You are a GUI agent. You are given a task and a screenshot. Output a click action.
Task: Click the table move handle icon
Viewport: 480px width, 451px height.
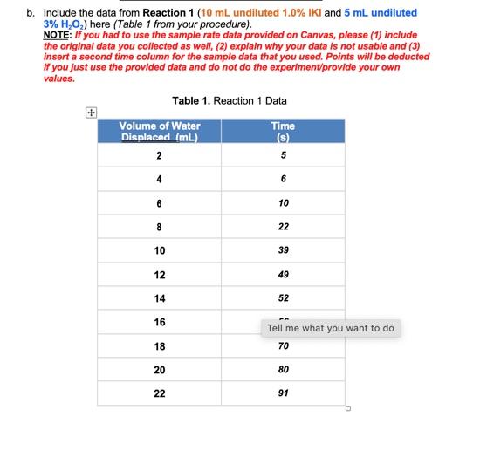pyautogui.click(x=90, y=112)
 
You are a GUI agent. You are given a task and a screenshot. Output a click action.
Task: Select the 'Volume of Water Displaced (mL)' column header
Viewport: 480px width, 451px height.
pyautogui.click(x=160, y=132)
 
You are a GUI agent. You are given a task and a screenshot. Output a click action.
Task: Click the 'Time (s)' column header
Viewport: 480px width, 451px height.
pyautogui.click(x=283, y=132)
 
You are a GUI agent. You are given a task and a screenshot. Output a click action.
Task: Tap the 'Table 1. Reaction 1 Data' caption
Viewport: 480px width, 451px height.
pyautogui.click(x=230, y=101)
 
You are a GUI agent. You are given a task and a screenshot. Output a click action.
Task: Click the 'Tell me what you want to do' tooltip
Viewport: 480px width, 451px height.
pyautogui.click(x=331, y=328)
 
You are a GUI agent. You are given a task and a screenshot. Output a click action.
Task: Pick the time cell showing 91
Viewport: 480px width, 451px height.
pyautogui.click(x=283, y=393)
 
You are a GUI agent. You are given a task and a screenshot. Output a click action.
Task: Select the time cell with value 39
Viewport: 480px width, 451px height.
pyautogui.click(x=283, y=250)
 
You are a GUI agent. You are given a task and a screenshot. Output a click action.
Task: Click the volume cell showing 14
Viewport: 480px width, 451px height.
pyautogui.click(x=160, y=298)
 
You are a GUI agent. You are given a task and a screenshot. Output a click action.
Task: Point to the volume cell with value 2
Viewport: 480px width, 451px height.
pyautogui.click(x=160, y=155)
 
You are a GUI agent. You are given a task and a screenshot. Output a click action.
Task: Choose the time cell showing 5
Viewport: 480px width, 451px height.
pyautogui.click(x=283, y=155)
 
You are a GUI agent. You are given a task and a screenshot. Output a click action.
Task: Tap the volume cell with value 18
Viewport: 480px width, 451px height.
pyautogui.click(x=160, y=346)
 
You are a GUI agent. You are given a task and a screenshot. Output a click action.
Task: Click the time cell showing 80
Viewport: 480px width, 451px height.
pyautogui.click(x=283, y=370)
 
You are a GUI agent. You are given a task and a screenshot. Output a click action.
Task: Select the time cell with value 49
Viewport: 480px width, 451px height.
pyautogui.click(x=283, y=275)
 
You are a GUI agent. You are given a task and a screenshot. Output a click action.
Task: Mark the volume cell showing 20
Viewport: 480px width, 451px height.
pyautogui.click(x=160, y=370)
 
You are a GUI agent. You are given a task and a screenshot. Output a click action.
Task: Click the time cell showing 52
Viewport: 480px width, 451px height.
pyautogui.click(x=283, y=298)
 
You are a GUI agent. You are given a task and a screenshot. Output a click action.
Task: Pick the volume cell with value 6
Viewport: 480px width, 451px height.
pyautogui.click(x=160, y=203)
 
